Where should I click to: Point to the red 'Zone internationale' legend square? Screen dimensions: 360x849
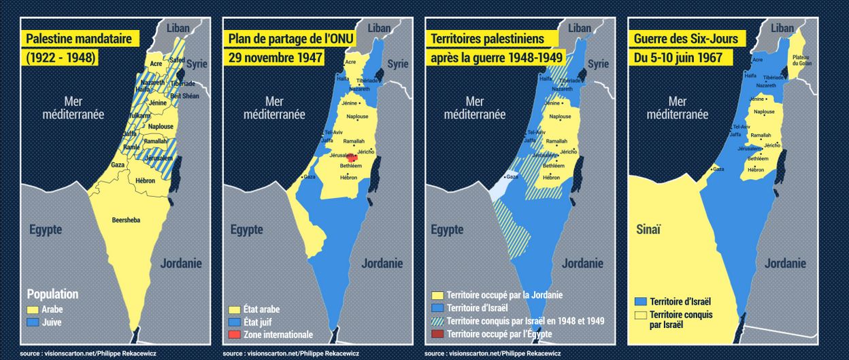pos(235,334)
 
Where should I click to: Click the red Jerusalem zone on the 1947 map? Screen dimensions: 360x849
pos(352,158)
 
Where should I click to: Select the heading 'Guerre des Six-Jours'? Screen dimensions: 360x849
pos(686,39)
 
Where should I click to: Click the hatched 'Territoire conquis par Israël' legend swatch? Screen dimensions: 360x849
pos(439,321)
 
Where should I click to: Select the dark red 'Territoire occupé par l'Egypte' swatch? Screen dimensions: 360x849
pos(439,333)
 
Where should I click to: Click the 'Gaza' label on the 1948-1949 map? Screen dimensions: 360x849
pos(513,176)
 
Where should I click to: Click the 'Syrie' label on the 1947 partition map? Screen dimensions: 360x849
pos(397,63)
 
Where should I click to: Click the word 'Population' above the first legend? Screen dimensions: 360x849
pos(52,294)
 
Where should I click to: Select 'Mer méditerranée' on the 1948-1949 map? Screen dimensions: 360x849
pos(475,108)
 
